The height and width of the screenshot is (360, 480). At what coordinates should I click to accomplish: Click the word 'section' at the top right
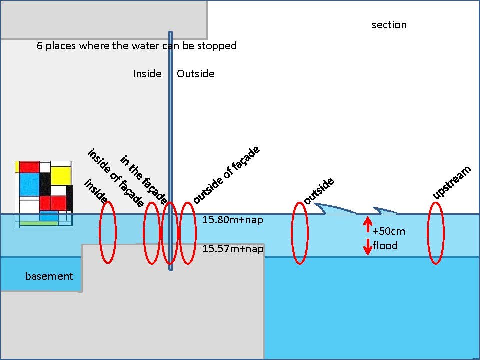pyautogui.click(x=389, y=25)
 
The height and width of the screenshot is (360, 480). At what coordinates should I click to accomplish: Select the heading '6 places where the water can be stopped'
pyautogui.click(x=137, y=46)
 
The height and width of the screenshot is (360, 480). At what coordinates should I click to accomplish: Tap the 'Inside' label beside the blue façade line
pyautogui.click(x=147, y=74)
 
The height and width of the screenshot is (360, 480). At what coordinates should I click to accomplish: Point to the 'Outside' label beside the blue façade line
pyautogui.click(x=196, y=74)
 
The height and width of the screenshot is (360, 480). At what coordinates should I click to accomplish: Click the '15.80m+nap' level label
pyautogui.click(x=233, y=220)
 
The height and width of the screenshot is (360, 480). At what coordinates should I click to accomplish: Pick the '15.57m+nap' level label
pyautogui.click(x=233, y=249)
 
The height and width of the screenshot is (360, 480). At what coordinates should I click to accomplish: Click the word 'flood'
pyautogui.click(x=385, y=245)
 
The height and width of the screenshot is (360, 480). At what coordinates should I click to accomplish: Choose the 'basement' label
pyautogui.click(x=49, y=276)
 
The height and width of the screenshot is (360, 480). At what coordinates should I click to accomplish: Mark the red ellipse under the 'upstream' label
pyautogui.click(x=436, y=233)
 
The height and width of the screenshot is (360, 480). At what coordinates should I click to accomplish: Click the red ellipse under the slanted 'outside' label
pyautogui.click(x=299, y=233)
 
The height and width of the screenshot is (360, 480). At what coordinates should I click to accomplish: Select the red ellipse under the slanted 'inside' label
pyautogui.click(x=108, y=233)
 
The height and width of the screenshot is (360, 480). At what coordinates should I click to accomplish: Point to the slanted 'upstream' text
pyautogui.click(x=452, y=183)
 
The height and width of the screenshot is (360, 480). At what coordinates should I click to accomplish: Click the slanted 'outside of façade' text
pyautogui.click(x=226, y=175)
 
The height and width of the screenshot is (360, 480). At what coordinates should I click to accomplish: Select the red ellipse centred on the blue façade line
pyautogui.click(x=170, y=233)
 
